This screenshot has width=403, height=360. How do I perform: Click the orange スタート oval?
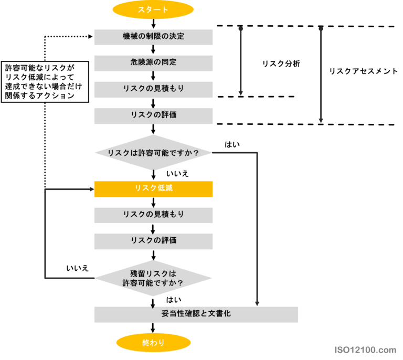[x=153, y=9]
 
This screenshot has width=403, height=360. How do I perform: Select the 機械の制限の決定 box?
[x=153, y=37]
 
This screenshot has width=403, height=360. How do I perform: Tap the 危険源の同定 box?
[x=153, y=63]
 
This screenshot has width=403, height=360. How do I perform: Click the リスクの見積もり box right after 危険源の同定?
[x=153, y=89]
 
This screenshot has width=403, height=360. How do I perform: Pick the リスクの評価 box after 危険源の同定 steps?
[x=153, y=115]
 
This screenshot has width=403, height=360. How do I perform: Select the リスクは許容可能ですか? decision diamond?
[x=153, y=153]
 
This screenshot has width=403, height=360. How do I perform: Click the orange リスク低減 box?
[x=153, y=189]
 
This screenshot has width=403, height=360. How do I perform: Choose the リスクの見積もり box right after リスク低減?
[x=153, y=215]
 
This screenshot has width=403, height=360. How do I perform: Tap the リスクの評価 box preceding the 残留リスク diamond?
[x=153, y=241]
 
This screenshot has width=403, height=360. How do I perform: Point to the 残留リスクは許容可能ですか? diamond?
[x=153, y=278]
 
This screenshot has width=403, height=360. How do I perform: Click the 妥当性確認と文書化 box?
[x=196, y=314]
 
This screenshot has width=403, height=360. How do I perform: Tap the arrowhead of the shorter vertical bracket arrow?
[x=241, y=93]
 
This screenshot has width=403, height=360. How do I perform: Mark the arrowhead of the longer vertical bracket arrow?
[x=321, y=121]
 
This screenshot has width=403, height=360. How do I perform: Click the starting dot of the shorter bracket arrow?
[x=241, y=28]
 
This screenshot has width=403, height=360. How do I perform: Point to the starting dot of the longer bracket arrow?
[x=321, y=28]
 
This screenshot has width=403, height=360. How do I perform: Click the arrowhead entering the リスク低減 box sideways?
[x=91, y=189]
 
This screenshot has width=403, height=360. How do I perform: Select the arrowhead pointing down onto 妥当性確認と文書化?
[x=257, y=303]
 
